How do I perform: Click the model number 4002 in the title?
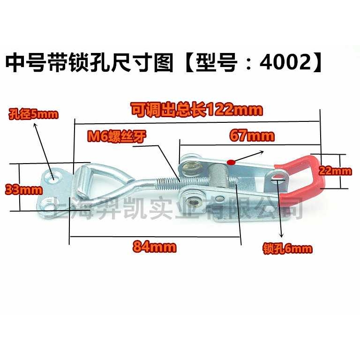pyautogui.click(x=286, y=62)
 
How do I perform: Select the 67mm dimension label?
pyautogui.click(x=252, y=136)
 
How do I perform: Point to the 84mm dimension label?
pyautogui.click(x=155, y=247)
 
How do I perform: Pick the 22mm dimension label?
pyautogui.click(x=336, y=172)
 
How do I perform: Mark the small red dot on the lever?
pyautogui.click(x=230, y=162)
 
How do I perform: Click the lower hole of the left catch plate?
pyautogui.click(x=47, y=203)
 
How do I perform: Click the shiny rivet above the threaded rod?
pyautogui.click(x=191, y=165)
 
